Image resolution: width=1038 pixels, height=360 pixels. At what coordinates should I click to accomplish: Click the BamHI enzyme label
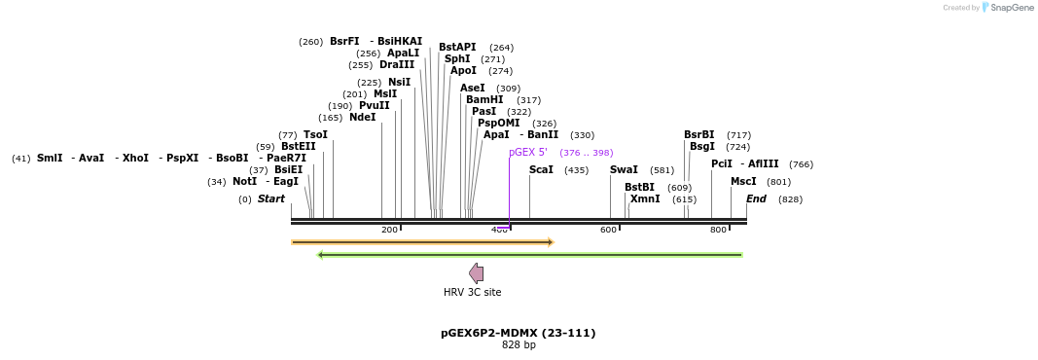coord(483,99)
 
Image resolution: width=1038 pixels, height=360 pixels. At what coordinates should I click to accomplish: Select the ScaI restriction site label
coord(541,169)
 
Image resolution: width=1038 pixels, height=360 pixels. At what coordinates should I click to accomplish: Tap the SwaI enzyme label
coord(624,169)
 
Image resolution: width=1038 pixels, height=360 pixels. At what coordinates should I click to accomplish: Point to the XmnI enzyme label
coord(645,198)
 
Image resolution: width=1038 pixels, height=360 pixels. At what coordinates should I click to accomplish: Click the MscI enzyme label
coord(743,181)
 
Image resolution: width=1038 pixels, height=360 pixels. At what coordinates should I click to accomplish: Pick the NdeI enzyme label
coord(362,117)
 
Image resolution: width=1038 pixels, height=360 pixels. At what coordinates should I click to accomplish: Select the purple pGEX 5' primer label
coord(528,152)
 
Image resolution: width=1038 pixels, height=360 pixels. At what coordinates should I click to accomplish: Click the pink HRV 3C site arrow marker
coord(476,273)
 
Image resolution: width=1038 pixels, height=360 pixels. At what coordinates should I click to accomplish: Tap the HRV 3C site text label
coord(473,292)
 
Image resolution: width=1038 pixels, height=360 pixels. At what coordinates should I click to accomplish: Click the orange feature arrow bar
coord(422,241)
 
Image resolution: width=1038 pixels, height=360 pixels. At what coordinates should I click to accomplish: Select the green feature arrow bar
coord(530,255)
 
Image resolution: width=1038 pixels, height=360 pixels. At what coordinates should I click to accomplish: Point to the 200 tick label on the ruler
coord(389,230)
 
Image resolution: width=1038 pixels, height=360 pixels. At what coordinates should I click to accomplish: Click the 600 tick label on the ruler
coord(608,230)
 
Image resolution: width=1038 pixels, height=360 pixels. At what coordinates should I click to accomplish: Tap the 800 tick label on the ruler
coord(718,230)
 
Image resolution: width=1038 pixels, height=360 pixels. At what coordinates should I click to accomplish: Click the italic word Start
coord(271,198)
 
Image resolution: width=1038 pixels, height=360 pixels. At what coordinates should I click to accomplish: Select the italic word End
coord(756,198)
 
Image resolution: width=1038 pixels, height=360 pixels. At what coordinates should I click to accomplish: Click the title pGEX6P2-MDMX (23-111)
coord(518,333)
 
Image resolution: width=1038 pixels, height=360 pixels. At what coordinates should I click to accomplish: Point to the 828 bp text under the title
coord(519,344)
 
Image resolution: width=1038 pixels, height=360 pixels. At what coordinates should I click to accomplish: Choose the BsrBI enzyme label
coord(698,134)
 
